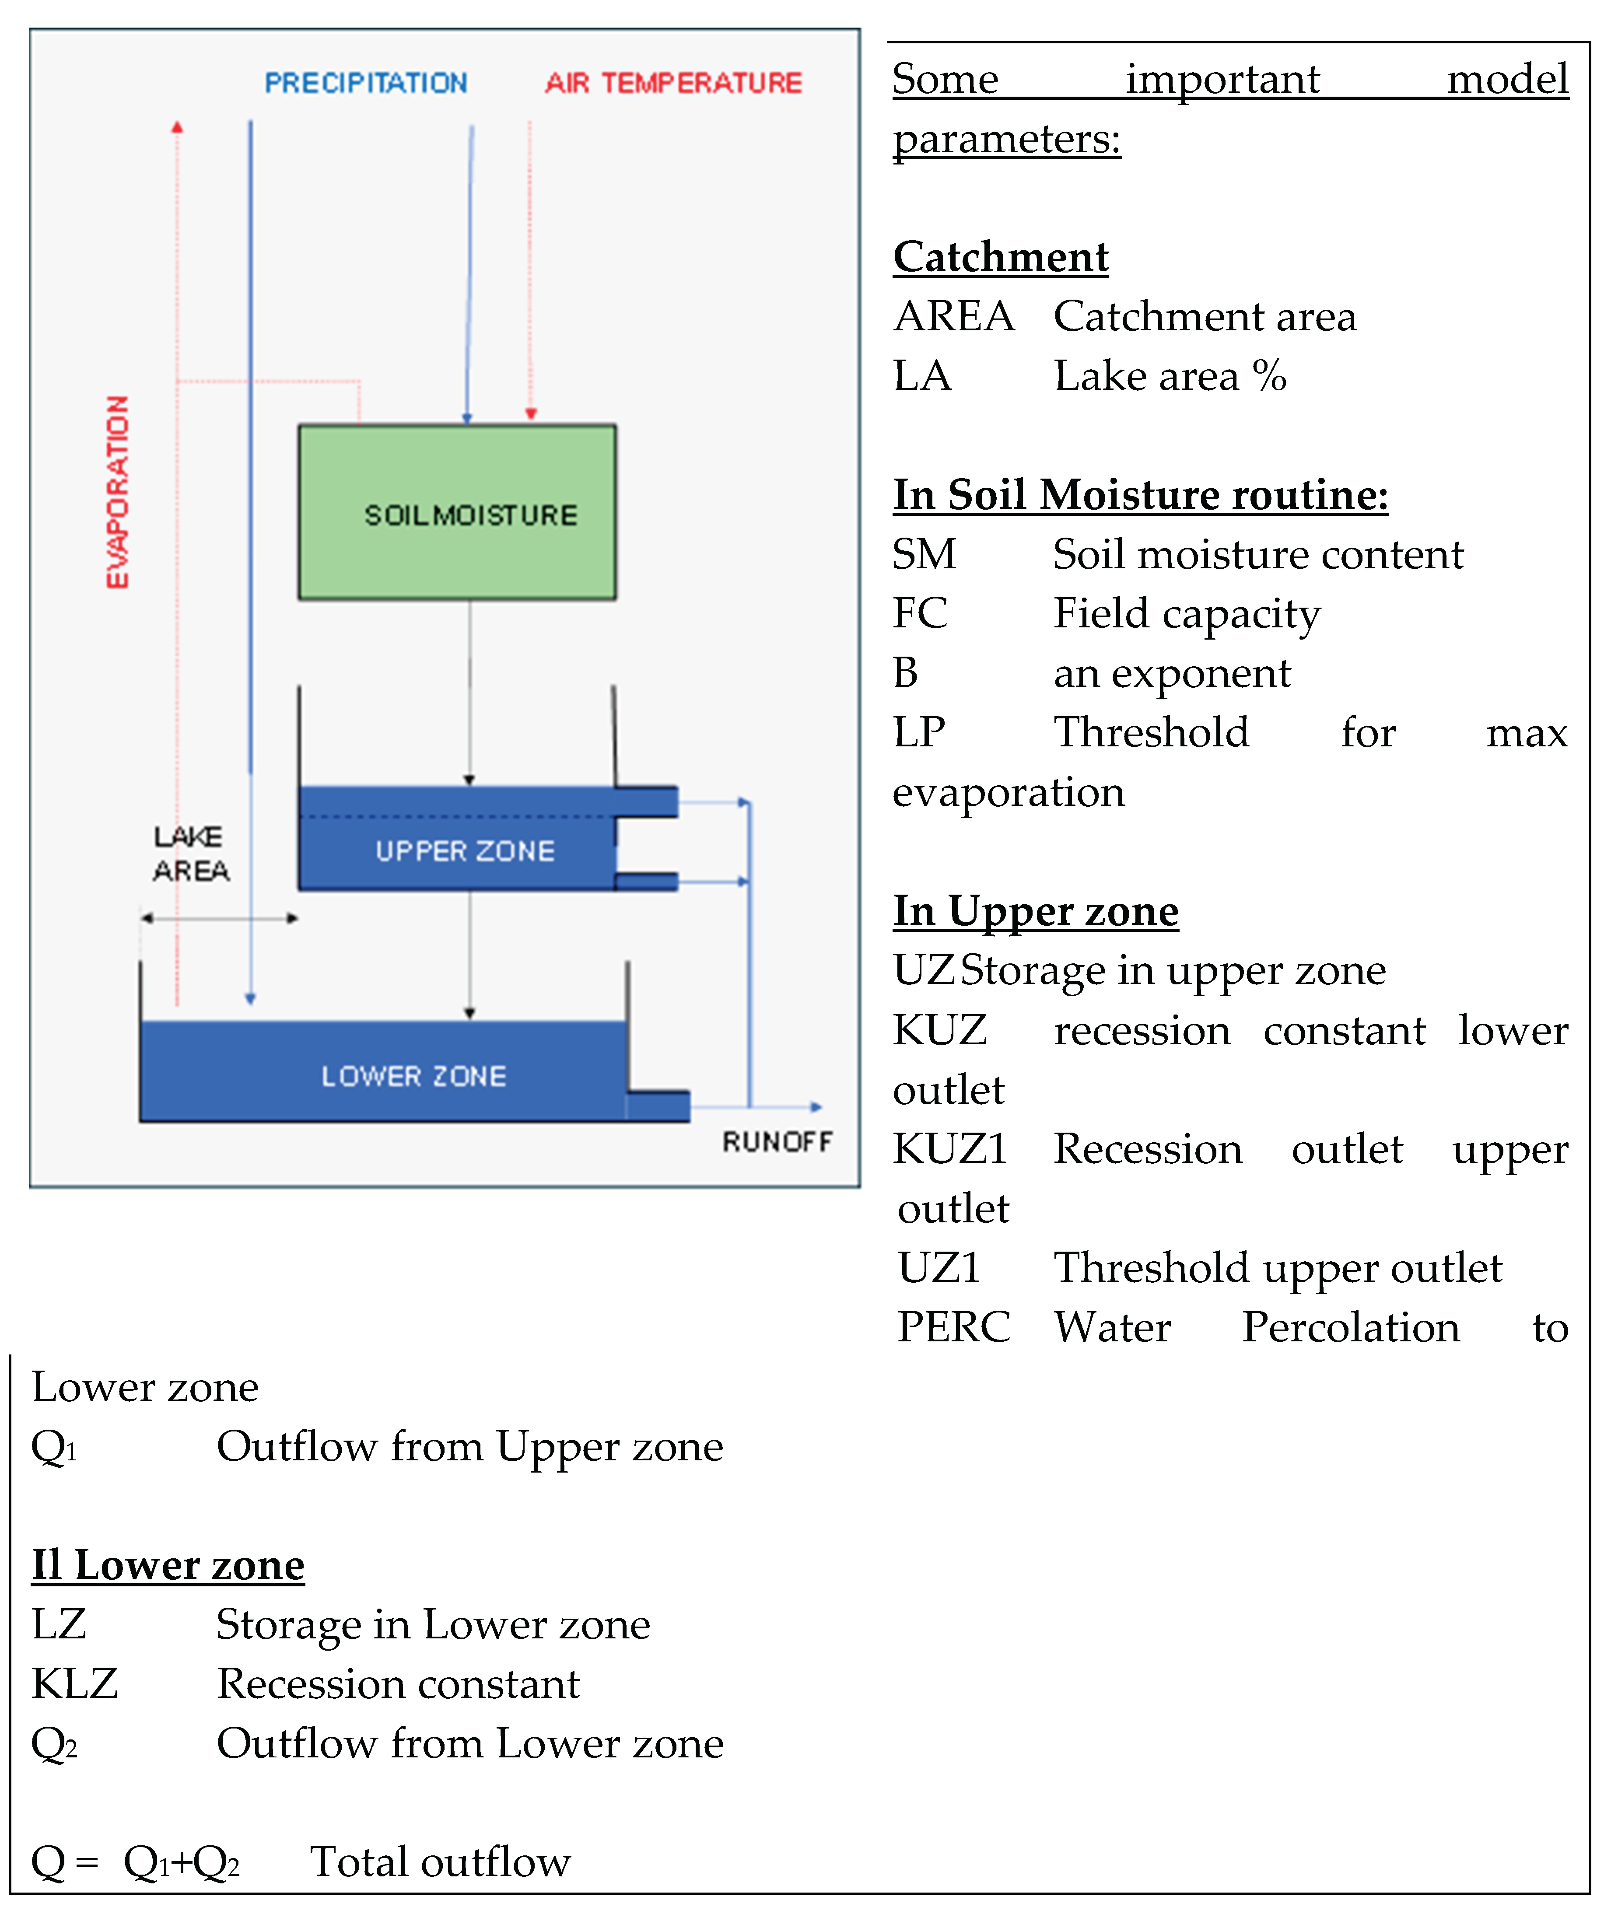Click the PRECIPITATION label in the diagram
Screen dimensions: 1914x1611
pos(365,83)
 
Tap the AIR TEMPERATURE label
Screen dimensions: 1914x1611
pos(673,83)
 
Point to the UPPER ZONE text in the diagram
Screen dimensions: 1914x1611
pos(465,851)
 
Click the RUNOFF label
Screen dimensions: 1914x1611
pos(777,1141)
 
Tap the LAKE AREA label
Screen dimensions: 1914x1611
pos(190,854)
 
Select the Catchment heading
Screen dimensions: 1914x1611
pos(1001,257)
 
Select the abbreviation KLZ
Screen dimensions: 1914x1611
pos(75,1683)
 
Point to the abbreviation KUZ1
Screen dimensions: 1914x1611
pos(950,1149)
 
